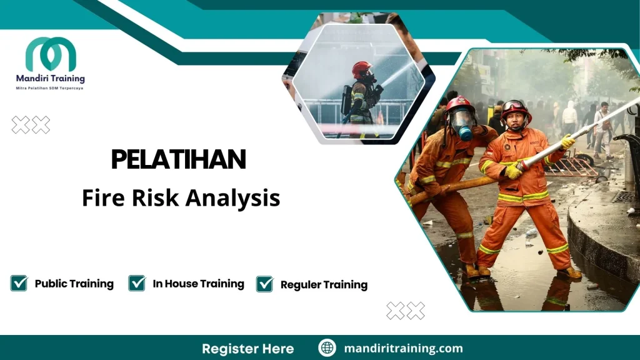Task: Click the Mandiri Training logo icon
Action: tap(50, 54)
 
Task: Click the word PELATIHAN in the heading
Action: tap(179, 160)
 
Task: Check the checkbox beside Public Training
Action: tap(19, 283)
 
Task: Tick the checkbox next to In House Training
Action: tap(137, 283)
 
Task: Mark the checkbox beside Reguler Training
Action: tap(265, 284)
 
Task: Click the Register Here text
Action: tap(247, 348)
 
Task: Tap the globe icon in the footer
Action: tap(327, 348)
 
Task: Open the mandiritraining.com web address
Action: tap(403, 348)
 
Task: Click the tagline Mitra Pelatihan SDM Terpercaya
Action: tap(50, 88)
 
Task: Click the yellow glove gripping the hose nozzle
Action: tap(514, 170)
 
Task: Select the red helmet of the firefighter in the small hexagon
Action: tap(361, 69)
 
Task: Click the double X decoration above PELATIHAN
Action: tap(31, 125)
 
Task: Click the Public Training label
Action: tap(74, 284)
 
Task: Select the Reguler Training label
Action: tap(324, 284)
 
